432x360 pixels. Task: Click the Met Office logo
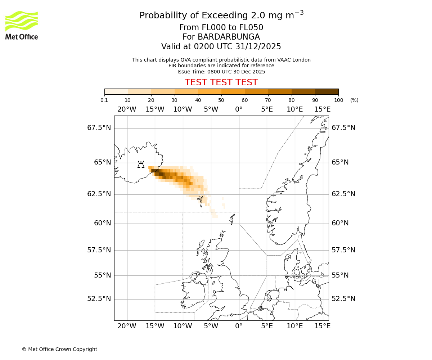click(x=22, y=25)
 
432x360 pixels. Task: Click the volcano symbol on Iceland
click(x=141, y=165)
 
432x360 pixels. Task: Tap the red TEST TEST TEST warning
click(x=221, y=82)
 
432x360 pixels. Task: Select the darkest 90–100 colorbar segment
click(x=327, y=91)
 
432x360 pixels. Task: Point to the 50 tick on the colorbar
click(x=221, y=100)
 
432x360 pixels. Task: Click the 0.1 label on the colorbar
click(x=104, y=100)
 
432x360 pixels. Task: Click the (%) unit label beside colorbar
click(x=354, y=100)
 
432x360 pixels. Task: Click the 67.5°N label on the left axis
click(x=99, y=128)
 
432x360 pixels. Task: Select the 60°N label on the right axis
click(x=340, y=223)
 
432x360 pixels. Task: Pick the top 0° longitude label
click(x=239, y=109)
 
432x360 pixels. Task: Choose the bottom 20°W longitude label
click(x=127, y=326)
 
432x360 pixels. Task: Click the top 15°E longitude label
click(x=323, y=109)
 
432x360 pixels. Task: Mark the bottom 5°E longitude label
click(x=267, y=326)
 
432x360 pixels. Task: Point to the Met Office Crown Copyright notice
click(x=59, y=349)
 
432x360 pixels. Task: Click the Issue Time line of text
click(x=221, y=72)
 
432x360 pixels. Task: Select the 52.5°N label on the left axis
click(x=99, y=299)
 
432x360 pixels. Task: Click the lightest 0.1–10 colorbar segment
click(x=116, y=91)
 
